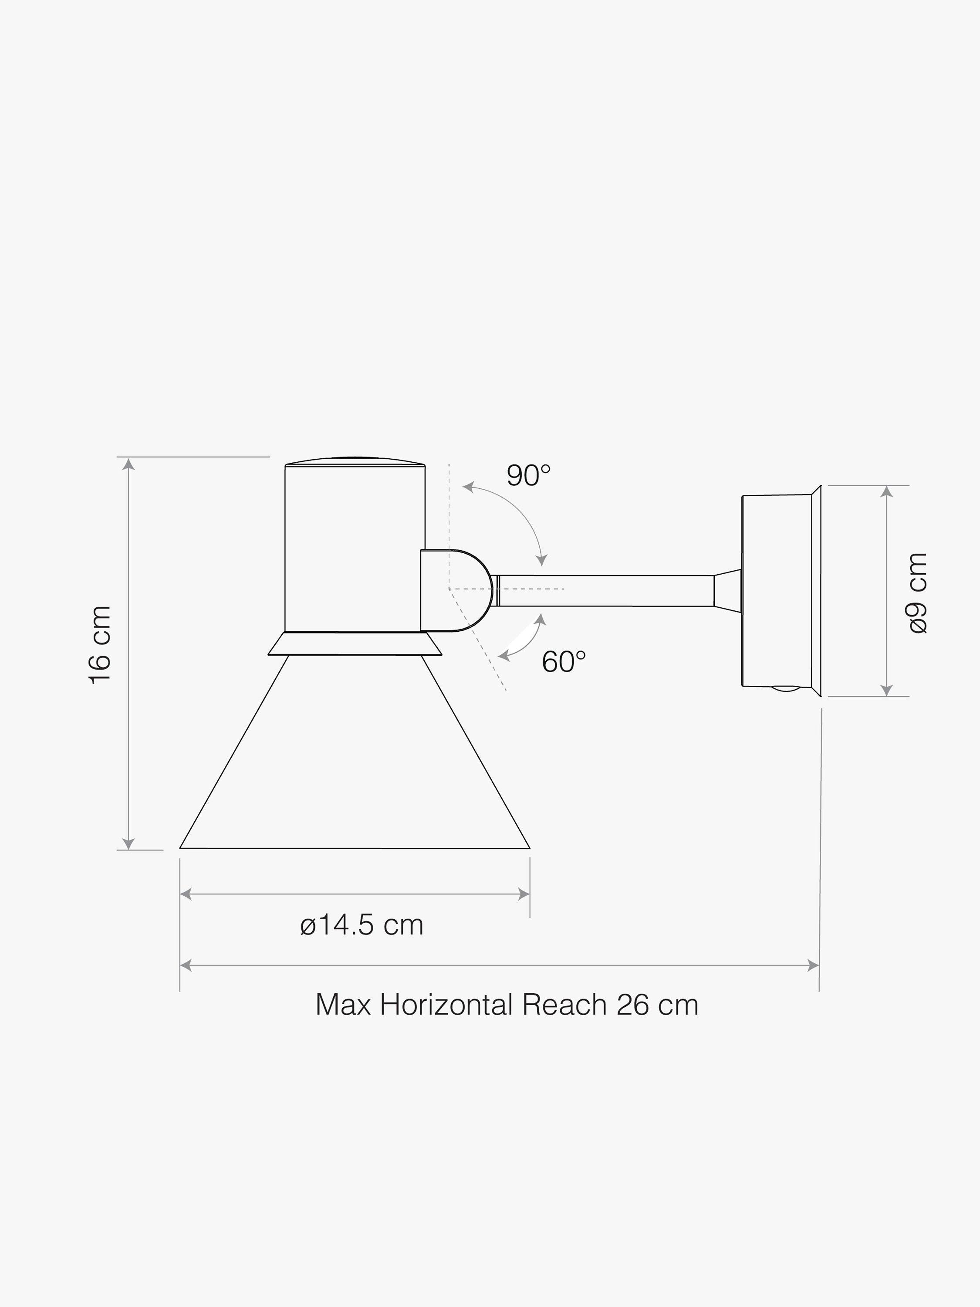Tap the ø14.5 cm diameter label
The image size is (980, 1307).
[x=362, y=925]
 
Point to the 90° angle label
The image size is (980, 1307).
[x=529, y=476]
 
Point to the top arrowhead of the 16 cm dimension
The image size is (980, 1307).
[x=128, y=464]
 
